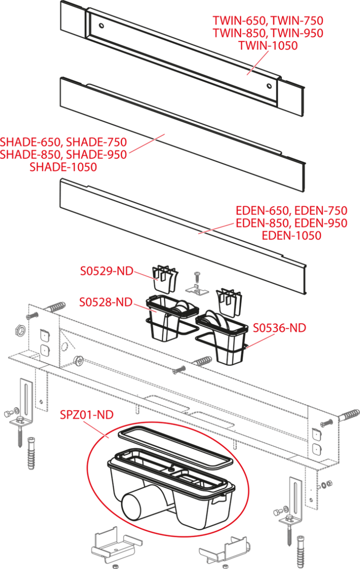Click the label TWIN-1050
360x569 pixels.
click(268, 46)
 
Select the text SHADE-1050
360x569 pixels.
click(63, 167)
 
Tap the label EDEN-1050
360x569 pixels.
click(291, 236)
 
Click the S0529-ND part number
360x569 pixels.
click(106, 272)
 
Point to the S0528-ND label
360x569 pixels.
click(106, 302)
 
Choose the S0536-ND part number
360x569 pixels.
click(279, 328)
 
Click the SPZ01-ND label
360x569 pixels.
click(87, 415)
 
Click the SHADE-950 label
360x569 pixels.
click(96, 155)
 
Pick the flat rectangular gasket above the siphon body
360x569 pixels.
click(173, 449)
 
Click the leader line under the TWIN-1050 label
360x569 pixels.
click(256, 63)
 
